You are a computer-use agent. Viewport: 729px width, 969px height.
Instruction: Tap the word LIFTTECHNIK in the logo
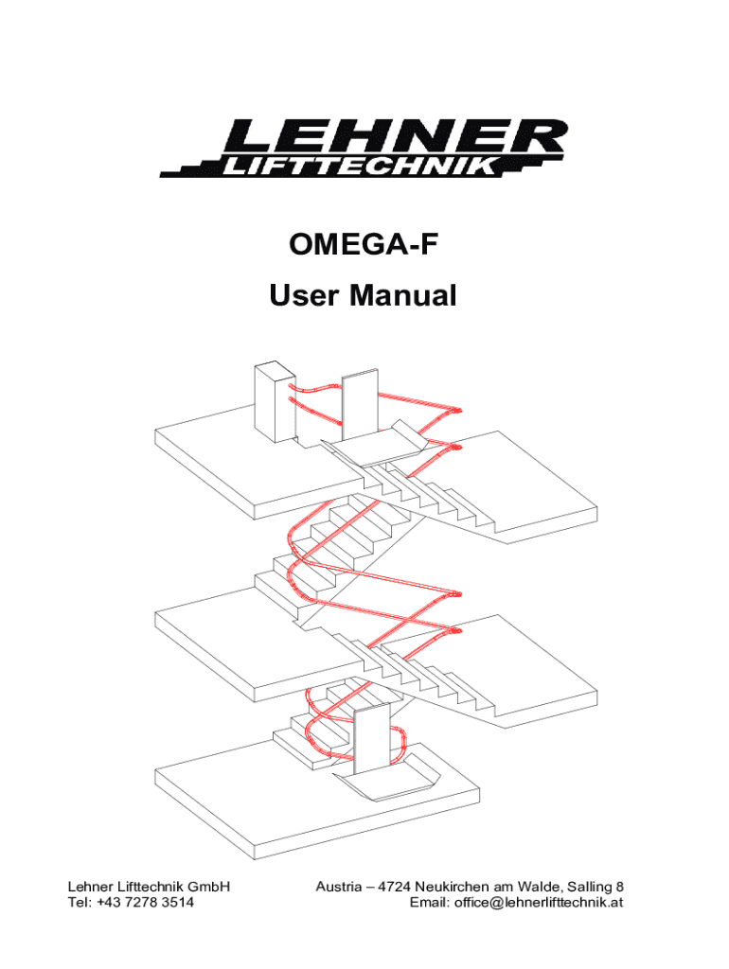coord(358,168)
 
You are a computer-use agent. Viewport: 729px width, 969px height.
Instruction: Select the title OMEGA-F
coord(364,253)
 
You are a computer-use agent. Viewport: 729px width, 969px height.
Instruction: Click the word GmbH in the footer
coord(209,887)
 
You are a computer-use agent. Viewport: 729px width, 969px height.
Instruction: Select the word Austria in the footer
coord(338,887)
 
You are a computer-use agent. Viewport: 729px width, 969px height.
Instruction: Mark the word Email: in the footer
coord(426,903)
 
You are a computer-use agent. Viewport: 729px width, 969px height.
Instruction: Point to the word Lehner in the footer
coord(88,887)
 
